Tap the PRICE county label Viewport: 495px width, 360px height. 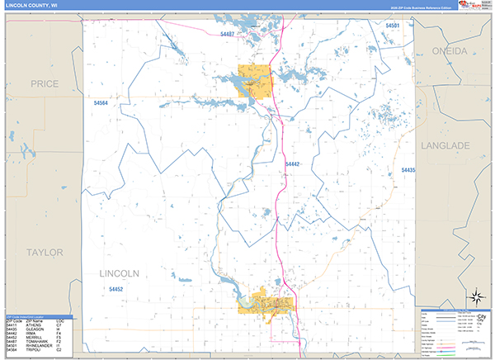click(x=43, y=84)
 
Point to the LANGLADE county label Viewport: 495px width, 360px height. click(x=445, y=145)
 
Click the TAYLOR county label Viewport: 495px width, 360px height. click(x=44, y=252)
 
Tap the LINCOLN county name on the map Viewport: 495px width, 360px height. click(x=119, y=273)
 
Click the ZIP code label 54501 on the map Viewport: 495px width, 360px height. click(x=393, y=26)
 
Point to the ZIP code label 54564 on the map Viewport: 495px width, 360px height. click(x=101, y=103)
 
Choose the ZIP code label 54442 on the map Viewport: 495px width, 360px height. click(x=293, y=165)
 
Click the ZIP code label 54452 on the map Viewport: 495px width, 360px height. click(x=115, y=289)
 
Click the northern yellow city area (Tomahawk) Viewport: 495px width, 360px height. click(x=255, y=80)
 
